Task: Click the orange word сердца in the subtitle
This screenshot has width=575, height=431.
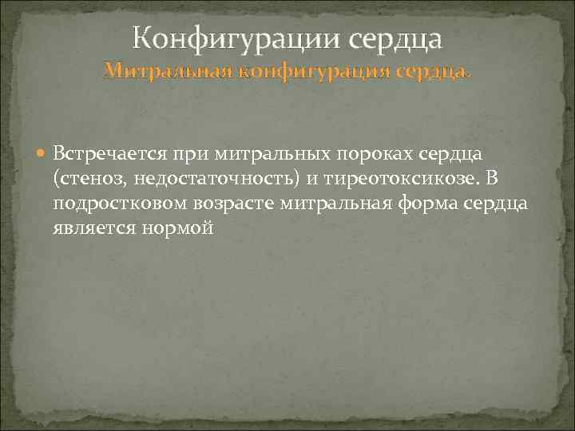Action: pyautogui.click(x=431, y=72)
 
